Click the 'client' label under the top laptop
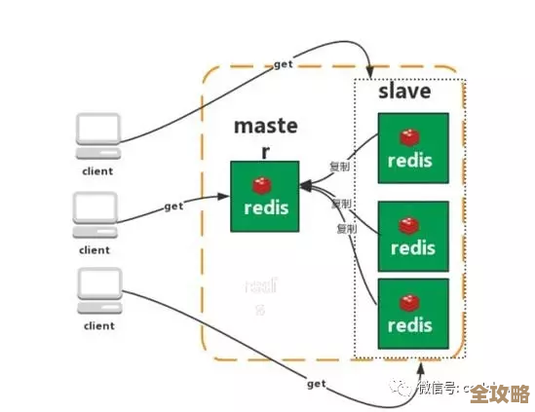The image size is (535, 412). click(x=97, y=170)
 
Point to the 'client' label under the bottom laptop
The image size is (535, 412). click(x=97, y=325)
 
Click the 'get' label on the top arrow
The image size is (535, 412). click(x=284, y=63)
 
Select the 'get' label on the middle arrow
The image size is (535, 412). click(x=173, y=206)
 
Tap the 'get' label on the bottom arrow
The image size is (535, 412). click(x=316, y=384)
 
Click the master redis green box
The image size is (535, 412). click(x=264, y=196)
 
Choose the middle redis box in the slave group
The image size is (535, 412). click(x=413, y=236)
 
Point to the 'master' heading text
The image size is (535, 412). click(x=265, y=136)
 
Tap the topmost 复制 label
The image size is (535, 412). click(x=339, y=167)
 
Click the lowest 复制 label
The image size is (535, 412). click(x=346, y=228)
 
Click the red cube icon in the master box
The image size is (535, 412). click(x=260, y=184)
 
